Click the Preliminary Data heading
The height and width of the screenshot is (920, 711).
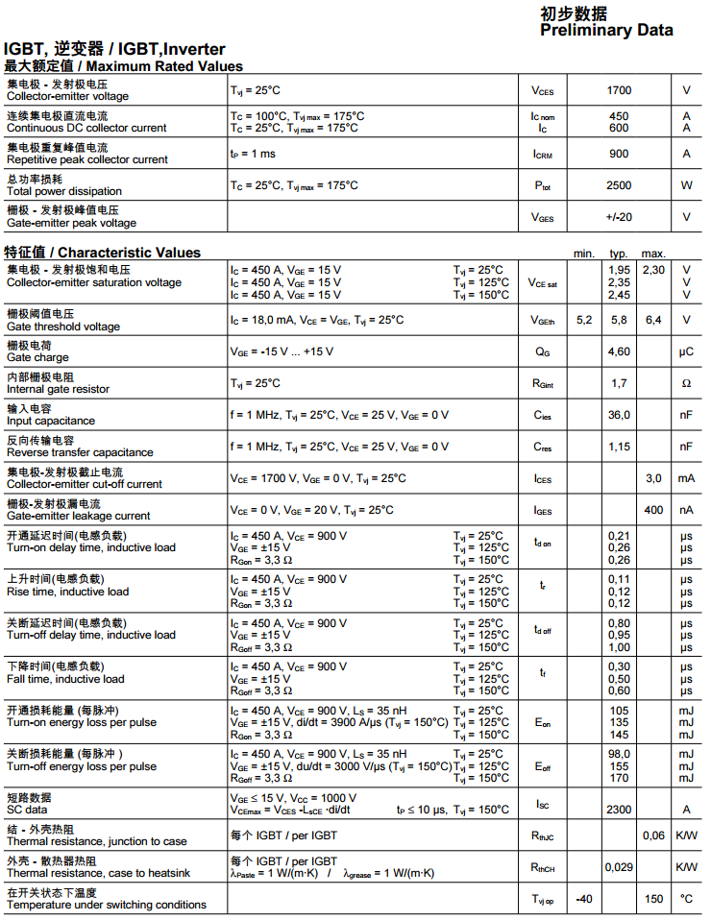606,30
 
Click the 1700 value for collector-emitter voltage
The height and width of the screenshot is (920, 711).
619,90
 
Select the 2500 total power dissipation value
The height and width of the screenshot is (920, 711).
619,185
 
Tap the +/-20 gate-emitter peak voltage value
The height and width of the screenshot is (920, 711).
619,217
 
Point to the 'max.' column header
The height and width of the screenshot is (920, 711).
653,253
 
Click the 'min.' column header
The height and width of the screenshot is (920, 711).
584,253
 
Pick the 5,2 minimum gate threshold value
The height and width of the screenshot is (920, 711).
584,320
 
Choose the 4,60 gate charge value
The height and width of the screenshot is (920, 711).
619,351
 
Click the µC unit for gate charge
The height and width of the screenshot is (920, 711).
686,351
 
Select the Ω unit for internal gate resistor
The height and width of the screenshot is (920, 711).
686,383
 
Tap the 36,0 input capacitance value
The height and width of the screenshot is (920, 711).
619,415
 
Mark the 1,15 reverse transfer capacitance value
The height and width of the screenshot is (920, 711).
619,447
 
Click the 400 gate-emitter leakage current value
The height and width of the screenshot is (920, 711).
653,510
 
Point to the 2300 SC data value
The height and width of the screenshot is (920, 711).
619,810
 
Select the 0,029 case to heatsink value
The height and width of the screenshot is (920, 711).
619,867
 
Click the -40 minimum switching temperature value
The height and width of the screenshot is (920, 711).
583,899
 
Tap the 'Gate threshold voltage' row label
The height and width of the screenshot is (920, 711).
63,327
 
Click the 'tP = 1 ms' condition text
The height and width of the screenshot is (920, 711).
253,154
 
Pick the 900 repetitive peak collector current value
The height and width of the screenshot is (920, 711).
619,154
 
